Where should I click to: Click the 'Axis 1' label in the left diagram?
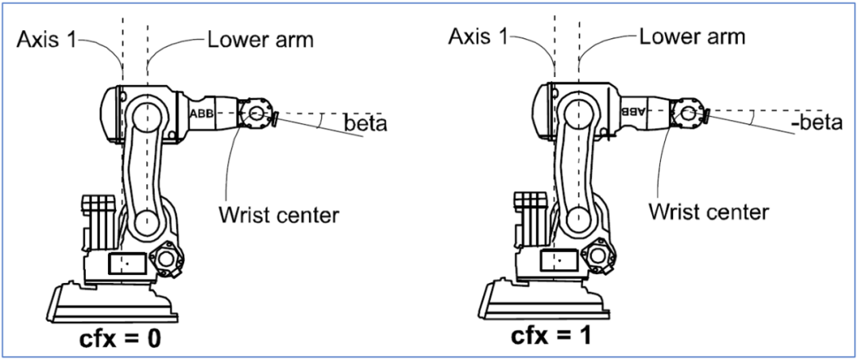tap(47, 39)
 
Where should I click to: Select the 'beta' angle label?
tap(365, 125)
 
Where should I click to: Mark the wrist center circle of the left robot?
tap(256, 114)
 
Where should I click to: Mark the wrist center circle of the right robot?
tap(688, 112)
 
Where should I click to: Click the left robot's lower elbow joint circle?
tap(145, 220)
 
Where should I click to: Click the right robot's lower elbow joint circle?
tap(577, 218)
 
